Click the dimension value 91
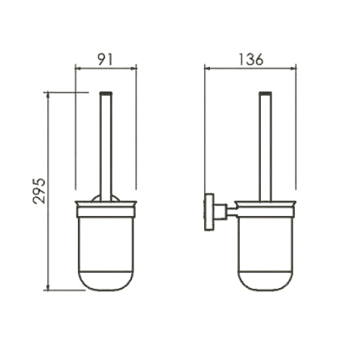(105, 59)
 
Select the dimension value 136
(250, 59)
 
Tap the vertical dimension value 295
(39, 190)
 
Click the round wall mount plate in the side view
(208, 212)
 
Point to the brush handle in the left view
(106, 147)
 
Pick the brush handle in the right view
(265, 147)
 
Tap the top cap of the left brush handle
(106, 93)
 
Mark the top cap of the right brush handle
(265, 93)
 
